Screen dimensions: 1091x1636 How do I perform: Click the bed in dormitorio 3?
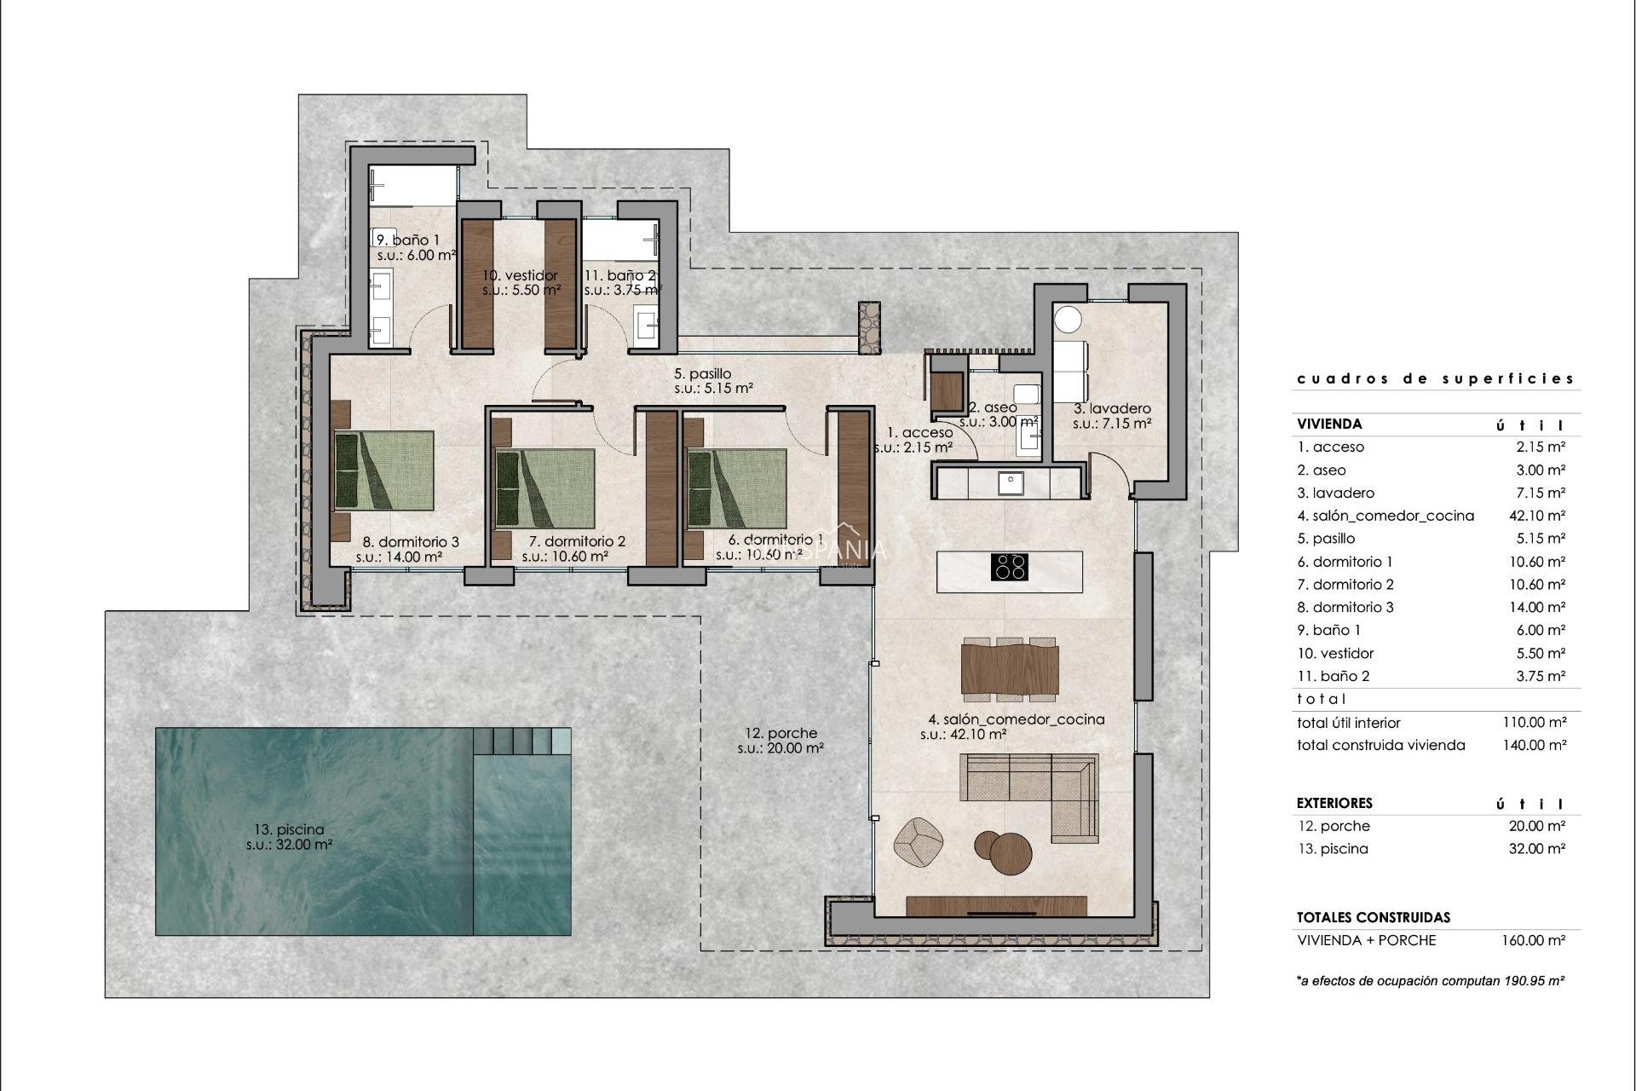pos(383,470)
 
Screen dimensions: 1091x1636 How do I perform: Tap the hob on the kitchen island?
pos(1011,567)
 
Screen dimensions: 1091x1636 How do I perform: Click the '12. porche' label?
pos(781,733)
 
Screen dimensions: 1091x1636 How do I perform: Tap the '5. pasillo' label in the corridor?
pos(702,373)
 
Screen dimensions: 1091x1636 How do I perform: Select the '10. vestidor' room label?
pos(520,275)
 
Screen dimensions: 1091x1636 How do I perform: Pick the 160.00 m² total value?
pos(1534,941)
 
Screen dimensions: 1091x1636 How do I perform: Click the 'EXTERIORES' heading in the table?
pos(1334,803)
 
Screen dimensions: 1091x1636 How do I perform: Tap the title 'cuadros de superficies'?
pos(1435,378)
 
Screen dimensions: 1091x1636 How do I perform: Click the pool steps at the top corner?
pos(521,740)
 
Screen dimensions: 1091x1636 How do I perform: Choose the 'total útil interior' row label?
pos(1348,723)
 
